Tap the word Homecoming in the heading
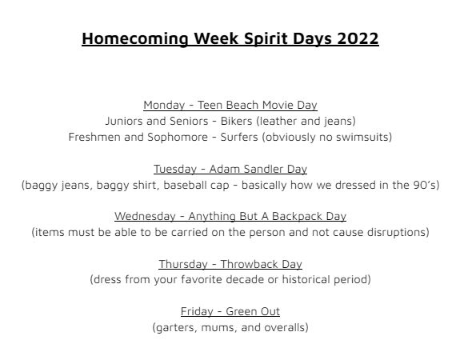click(135, 39)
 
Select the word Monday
click(164, 106)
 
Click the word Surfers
click(239, 137)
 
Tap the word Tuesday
click(175, 169)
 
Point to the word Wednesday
click(145, 217)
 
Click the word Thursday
click(183, 264)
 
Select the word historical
click(306, 279)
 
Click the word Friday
click(197, 312)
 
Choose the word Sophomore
click(178, 138)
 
